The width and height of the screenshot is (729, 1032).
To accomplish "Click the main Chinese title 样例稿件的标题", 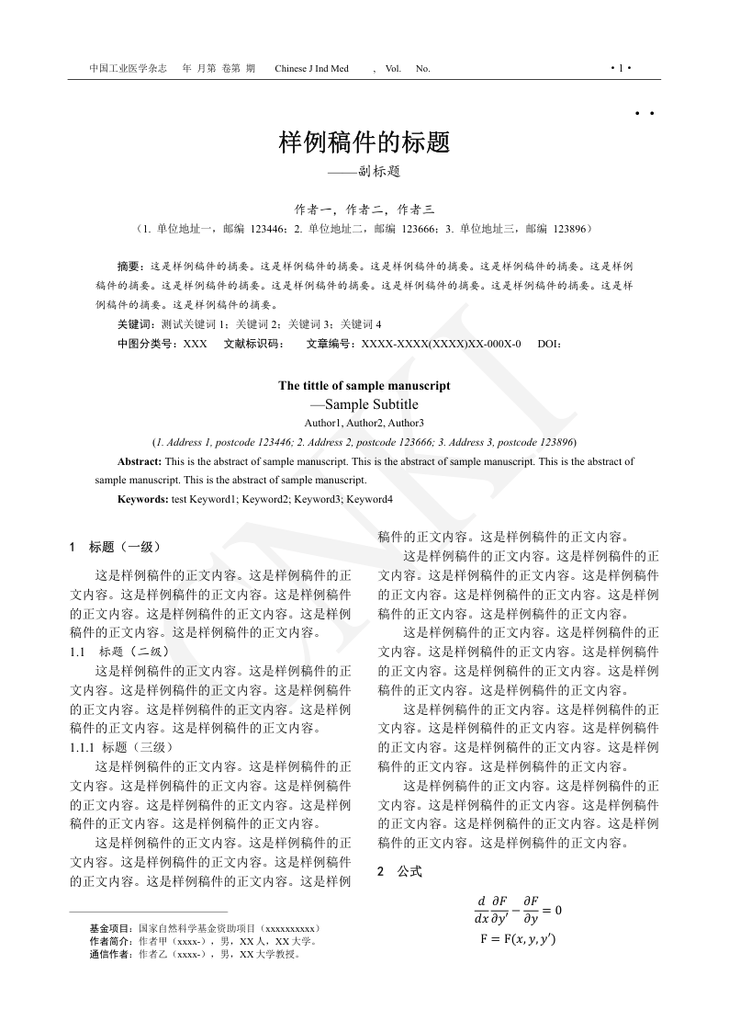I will coord(364,142).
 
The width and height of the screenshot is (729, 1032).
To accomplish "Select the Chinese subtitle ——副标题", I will coord(364,171).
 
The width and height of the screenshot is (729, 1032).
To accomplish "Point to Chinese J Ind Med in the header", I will coord(311,69).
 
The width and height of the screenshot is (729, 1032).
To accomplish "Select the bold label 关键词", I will coord(136,323).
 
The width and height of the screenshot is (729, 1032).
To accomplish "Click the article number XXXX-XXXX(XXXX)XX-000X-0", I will coord(441,344).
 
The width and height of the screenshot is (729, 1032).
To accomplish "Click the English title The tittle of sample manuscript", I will coord(364,386).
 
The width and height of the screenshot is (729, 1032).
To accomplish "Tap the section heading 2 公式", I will coord(400,871).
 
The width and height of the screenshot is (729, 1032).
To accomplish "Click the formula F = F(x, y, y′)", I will coord(518,939).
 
